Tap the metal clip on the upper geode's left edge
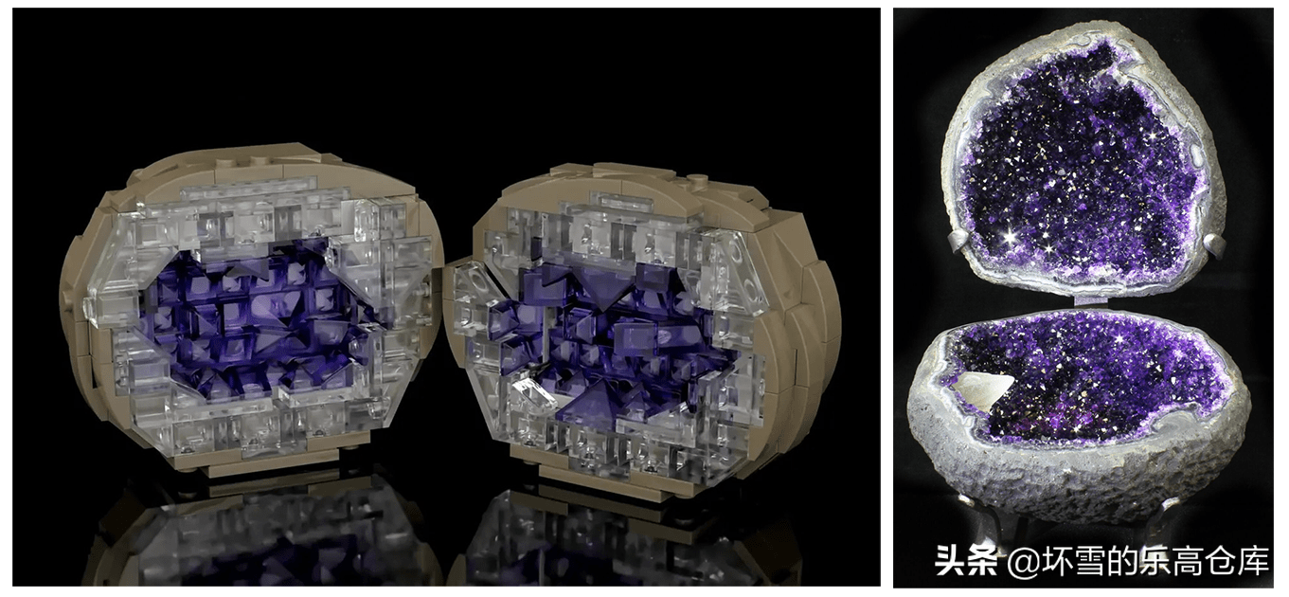click(959, 242)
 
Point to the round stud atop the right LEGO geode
click(699, 179)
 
